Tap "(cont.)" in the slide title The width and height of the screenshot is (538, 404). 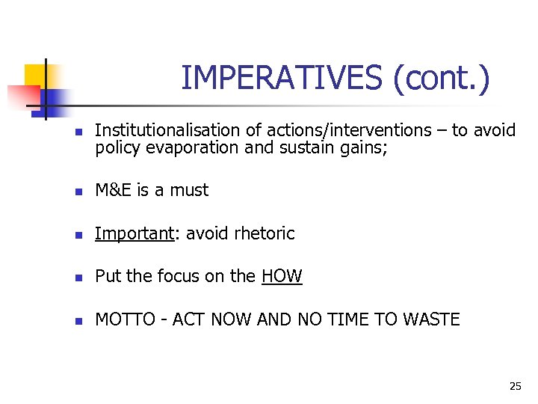(x=442, y=78)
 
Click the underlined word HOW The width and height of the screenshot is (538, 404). (x=282, y=276)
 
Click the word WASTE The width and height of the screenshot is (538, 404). (x=431, y=319)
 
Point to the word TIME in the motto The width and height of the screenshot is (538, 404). (x=351, y=319)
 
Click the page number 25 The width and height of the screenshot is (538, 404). (x=515, y=386)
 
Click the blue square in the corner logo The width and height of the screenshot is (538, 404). (x=54, y=99)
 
